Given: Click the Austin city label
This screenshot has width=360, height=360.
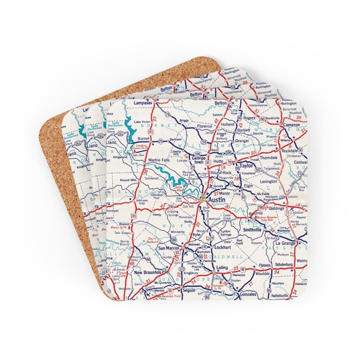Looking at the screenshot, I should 217,200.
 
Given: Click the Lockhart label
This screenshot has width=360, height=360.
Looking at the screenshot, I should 223,248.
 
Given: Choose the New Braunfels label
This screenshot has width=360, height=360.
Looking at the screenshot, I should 148,273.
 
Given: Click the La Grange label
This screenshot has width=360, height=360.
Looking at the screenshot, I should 286,243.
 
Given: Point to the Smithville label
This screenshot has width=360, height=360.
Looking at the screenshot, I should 254,230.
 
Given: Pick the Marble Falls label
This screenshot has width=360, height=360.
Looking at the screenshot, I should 159,160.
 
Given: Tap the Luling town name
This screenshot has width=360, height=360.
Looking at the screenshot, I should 222,268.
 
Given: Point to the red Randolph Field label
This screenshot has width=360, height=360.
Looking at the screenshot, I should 171,296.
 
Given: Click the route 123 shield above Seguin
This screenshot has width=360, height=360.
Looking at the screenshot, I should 182,269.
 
